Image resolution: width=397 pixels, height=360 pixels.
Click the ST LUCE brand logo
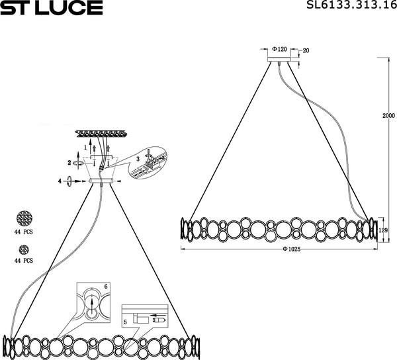tap(52, 7)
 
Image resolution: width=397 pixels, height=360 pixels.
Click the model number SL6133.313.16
tap(352, 5)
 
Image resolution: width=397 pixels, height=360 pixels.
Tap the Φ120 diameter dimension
tap(279, 49)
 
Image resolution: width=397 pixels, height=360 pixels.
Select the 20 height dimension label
tap(306, 51)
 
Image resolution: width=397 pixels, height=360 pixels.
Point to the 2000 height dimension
tap(388, 115)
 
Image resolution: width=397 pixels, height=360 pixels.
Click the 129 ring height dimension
tap(383, 230)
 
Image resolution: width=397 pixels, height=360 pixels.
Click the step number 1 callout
tap(85, 147)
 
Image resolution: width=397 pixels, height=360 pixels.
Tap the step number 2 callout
tap(69, 163)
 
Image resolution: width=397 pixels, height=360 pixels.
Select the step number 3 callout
tap(138, 159)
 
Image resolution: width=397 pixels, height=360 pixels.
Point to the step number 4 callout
tap(60, 181)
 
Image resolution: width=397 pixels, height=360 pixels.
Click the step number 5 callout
tap(125, 322)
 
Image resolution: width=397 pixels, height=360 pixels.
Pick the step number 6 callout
tap(106, 287)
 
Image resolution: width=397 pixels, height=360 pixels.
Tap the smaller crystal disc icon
tap(24, 250)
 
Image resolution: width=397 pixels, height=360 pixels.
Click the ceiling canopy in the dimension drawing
tap(279, 60)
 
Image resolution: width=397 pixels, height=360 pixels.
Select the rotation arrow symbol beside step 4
tap(69, 181)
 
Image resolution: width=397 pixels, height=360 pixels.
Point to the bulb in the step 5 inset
tap(159, 320)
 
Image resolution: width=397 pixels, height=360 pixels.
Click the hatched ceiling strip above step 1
tap(101, 134)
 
